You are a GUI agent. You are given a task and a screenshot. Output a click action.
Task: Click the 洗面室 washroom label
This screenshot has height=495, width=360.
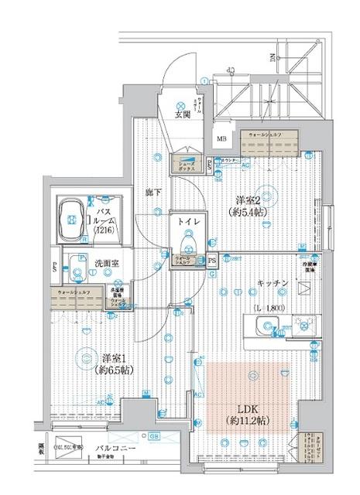[x=106, y=263]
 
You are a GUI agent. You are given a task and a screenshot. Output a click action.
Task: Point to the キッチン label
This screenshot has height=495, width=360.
[x=273, y=284]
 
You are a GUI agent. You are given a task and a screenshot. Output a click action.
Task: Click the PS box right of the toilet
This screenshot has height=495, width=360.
[x=211, y=261]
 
